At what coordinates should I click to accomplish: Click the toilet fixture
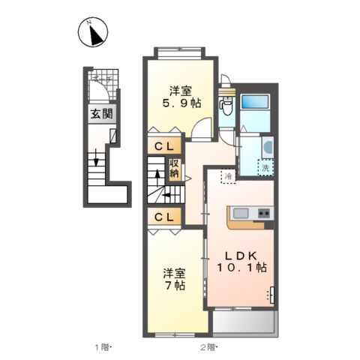tap(225, 105)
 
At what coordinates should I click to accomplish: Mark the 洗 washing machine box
tap(265, 169)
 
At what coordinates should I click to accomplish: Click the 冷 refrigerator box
tap(226, 177)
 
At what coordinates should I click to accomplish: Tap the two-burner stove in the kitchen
tap(264, 214)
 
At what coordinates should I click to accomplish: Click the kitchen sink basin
tap(241, 212)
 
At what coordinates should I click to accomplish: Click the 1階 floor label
tap(103, 347)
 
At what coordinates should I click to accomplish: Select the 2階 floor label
tap(208, 347)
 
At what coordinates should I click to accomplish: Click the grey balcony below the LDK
tap(244, 322)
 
